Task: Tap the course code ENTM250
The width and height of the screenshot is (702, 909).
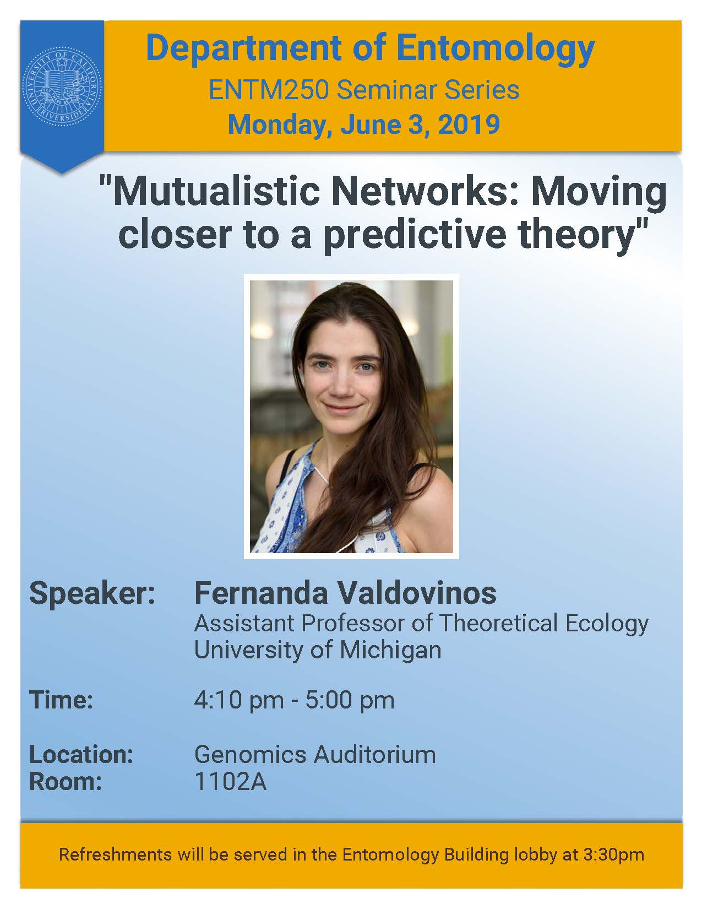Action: coord(269,90)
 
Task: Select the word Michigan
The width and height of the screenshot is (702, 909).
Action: coord(390,650)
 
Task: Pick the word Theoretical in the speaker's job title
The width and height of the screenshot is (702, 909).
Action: coord(498,623)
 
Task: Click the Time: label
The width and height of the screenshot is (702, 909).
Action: coord(61,700)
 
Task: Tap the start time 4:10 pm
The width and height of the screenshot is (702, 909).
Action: coord(239,700)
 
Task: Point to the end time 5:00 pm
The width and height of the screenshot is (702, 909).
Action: coord(350,700)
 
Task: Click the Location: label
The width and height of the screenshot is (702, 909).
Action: coord(81,755)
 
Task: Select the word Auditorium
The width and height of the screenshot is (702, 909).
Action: coord(374,755)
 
